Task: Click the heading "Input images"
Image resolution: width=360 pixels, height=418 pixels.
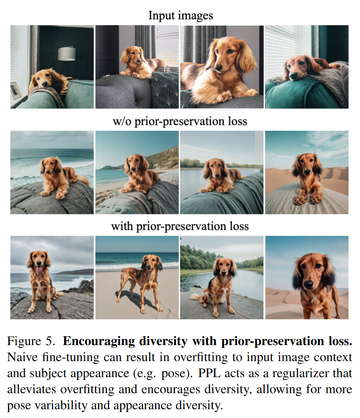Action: (181, 16)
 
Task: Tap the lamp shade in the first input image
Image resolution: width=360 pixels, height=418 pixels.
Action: (67, 53)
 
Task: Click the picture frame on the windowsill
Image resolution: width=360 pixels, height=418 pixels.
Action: (16, 91)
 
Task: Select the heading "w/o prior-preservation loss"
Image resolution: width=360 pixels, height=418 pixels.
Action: (180, 121)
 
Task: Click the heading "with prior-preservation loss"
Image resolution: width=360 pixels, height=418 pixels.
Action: (180, 227)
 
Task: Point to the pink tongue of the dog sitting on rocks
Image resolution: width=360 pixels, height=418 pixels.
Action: (39, 268)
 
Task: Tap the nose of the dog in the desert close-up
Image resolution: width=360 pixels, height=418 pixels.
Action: (309, 284)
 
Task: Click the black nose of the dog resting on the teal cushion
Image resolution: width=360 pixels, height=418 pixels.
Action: (293, 76)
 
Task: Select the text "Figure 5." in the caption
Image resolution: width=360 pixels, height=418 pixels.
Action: (31, 341)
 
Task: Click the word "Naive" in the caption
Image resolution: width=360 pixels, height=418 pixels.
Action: (22, 357)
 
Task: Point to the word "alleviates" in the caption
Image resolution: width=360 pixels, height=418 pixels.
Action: (32, 389)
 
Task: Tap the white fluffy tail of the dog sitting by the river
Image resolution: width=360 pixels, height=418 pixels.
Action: (196, 297)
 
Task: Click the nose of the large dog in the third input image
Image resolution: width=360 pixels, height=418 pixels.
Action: (218, 67)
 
